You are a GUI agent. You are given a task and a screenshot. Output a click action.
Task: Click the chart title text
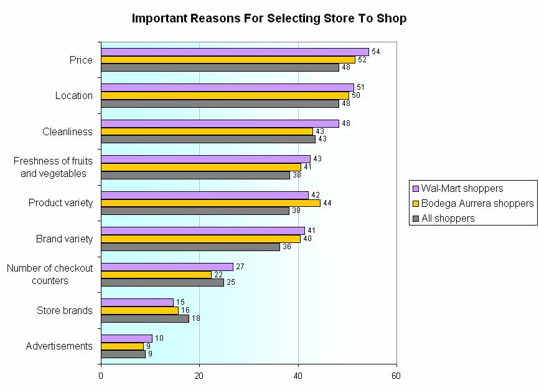[269, 18]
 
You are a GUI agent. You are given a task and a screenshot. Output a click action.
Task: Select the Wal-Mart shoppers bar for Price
[235, 52]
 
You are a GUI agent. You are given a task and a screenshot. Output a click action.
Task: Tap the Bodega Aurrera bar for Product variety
[210, 203]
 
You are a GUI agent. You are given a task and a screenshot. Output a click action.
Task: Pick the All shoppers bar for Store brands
[144, 318]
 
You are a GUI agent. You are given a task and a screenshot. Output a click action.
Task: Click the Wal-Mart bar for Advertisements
[126, 338]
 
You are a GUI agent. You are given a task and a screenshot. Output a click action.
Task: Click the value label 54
[375, 52]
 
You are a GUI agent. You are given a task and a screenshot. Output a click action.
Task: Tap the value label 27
[240, 267]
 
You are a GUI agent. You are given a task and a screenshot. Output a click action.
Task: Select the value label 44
[327, 203]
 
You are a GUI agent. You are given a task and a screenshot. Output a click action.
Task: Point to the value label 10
[159, 338]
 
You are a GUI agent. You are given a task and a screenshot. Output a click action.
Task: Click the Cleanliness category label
[67, 131]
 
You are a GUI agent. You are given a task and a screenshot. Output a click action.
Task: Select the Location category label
[73, 95]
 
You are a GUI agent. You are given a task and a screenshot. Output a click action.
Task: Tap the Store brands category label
[64, 310]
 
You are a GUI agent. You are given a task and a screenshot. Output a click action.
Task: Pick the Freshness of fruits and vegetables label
[53, 167]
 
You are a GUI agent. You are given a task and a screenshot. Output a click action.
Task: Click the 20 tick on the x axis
[199, 376]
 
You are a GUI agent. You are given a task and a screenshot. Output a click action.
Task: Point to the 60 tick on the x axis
[396, 376]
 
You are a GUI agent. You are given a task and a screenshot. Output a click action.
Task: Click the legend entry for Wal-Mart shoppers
[462, 188]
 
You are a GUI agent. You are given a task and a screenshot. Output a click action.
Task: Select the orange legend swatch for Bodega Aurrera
[415, 204]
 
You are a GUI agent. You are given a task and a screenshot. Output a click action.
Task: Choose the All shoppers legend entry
[448, 218]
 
